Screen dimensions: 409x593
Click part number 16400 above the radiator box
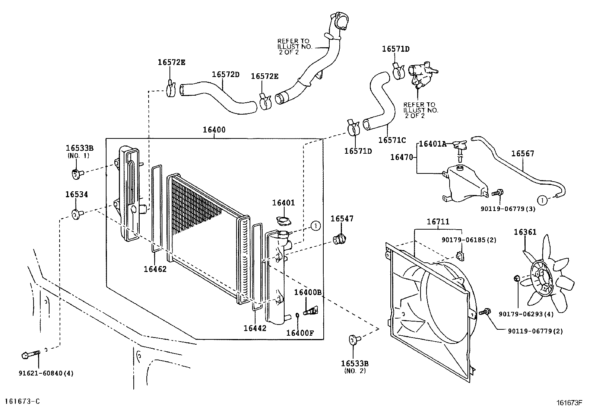click(214, 130)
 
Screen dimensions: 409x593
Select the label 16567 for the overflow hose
click(522, 153)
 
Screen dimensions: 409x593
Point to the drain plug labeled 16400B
click(310, 310)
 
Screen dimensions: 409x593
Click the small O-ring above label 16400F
click(297, 316)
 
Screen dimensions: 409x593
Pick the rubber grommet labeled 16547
click(339, 239)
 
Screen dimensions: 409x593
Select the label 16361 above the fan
click(525, 232)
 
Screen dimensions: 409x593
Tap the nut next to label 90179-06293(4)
click(516, 278)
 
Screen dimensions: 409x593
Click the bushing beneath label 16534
click(77, 214)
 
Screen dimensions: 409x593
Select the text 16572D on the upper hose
click(225, 74)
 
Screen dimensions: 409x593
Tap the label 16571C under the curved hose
click(392, 140)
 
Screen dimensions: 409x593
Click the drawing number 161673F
click(569, 402)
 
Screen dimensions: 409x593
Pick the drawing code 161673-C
click(22, 401)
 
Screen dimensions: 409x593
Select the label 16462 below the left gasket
click(155, 269)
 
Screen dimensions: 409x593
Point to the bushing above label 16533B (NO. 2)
click(353, 339)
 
